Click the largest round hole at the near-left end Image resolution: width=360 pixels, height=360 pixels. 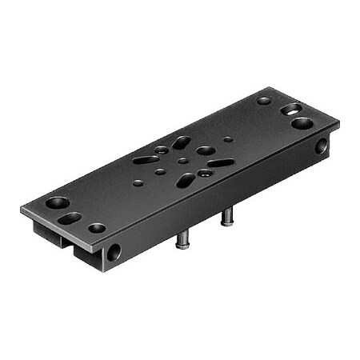(x=57, y=202)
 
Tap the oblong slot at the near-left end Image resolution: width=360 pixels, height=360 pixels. (x=70, y=217)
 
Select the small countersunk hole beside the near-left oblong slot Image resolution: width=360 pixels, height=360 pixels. (x=97, y=228)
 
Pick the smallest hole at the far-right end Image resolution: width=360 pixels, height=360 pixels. (x=264, y=101)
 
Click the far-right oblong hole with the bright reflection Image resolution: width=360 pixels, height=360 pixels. (x=292, y=109)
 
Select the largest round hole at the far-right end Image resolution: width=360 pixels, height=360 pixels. (x=302, y=123)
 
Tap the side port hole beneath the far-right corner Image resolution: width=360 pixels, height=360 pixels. (x=321, y=146)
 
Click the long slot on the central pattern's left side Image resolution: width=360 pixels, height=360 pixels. (x=146, y=159)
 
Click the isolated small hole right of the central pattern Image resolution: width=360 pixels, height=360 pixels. (x=229, y=138)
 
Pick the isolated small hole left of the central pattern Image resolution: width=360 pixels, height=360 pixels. (x=138, y=183)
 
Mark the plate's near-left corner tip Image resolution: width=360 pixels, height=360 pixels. (x=21, y=210)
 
